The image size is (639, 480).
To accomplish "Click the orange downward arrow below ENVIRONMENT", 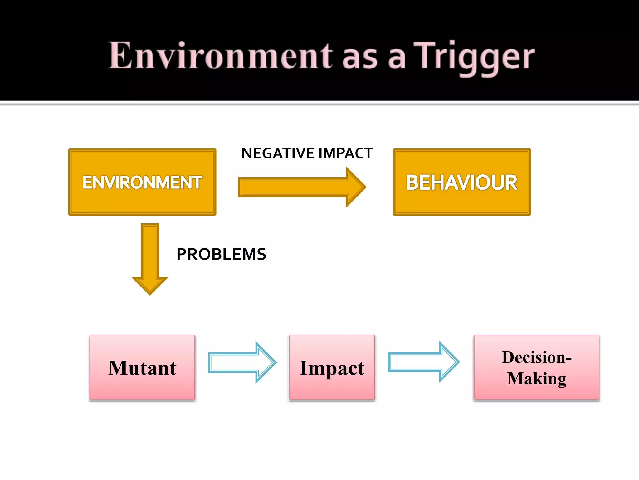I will pyautogui.click(x=150, y=253).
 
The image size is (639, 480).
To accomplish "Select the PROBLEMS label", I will pyautogui.click(x=221, y=254).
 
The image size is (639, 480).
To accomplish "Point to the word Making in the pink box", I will pyautogui.click(x=536, y=378).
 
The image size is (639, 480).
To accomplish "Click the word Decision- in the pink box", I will pyautogui.click(x=536, y=357).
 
